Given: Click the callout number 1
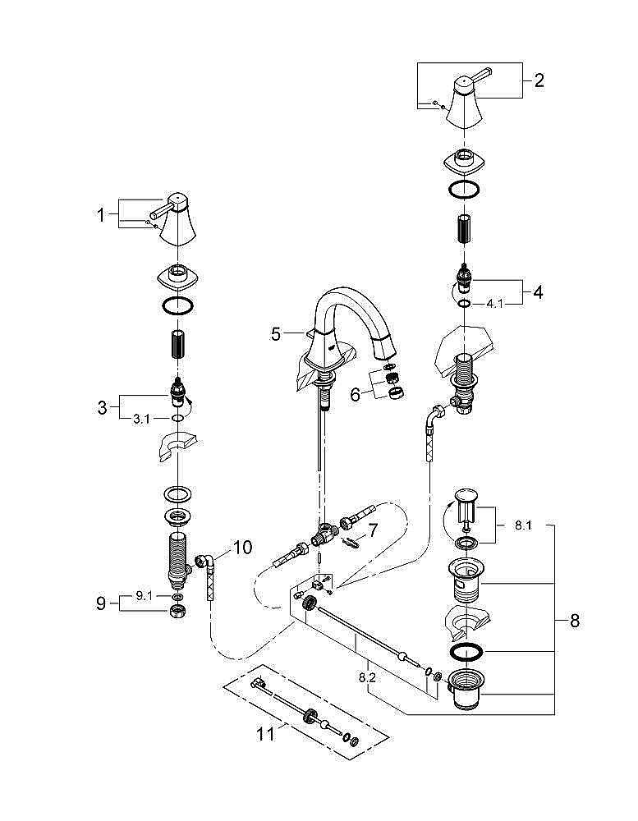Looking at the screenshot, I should click(102, 215).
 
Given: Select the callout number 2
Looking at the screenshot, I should click(539, 80).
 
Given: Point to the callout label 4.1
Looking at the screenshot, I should click(494, 304).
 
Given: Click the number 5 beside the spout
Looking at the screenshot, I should click(277, 334).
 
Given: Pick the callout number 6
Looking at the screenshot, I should click(355, 394).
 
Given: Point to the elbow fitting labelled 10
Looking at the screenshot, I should click(205, 565).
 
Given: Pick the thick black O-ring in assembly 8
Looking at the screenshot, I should click(468, 653).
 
